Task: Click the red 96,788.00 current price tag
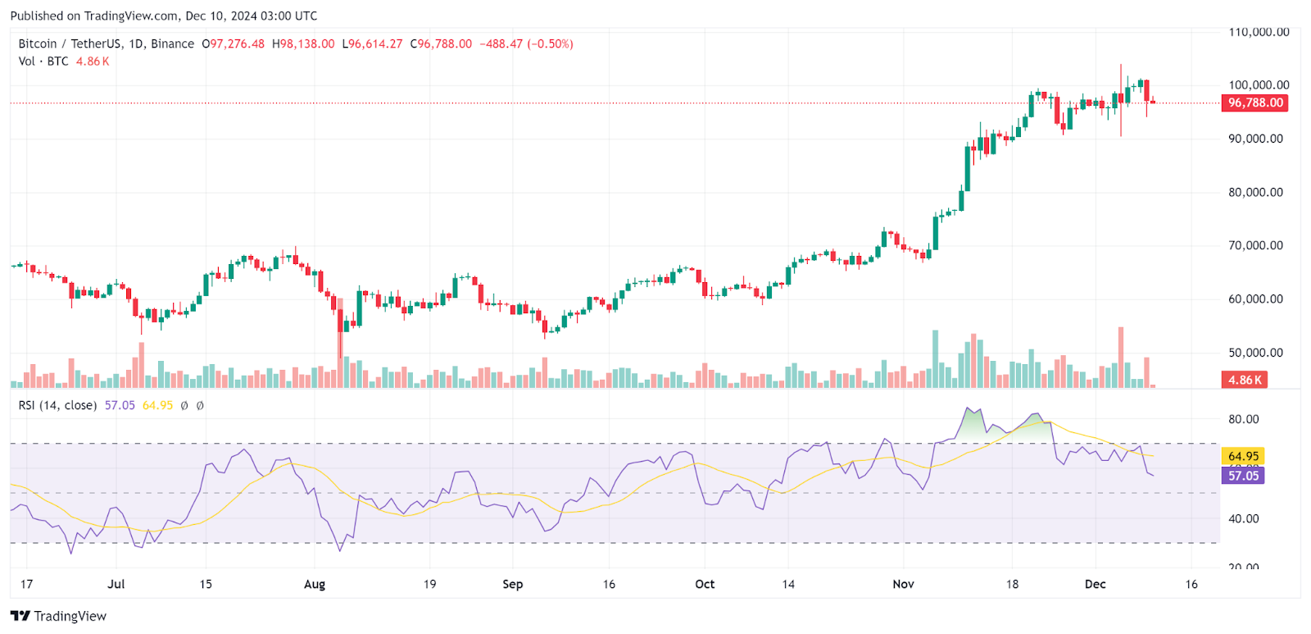pos(1254,103)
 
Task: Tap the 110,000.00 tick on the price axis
pos(1259,32)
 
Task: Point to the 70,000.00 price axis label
pos(1255,245)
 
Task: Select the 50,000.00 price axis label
pos(1255,353)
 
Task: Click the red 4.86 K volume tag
pos(1245,380)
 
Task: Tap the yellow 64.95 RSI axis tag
pos(1243,456)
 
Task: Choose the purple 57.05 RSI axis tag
pos(1243,476)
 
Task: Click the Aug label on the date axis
pos(315,584)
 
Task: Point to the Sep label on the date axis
pos(512,584)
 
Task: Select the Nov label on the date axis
pos(903,584)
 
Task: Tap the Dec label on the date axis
pos(1095,584)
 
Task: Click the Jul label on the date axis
pos(116,584)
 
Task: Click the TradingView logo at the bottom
pos(59,616)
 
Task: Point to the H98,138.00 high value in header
pos(303,44)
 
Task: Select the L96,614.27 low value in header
pos(372,44)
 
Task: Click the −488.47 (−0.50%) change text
pos(526,44)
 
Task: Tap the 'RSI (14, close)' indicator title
pos(57,405)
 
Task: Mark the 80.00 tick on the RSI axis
pos(1243,419)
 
